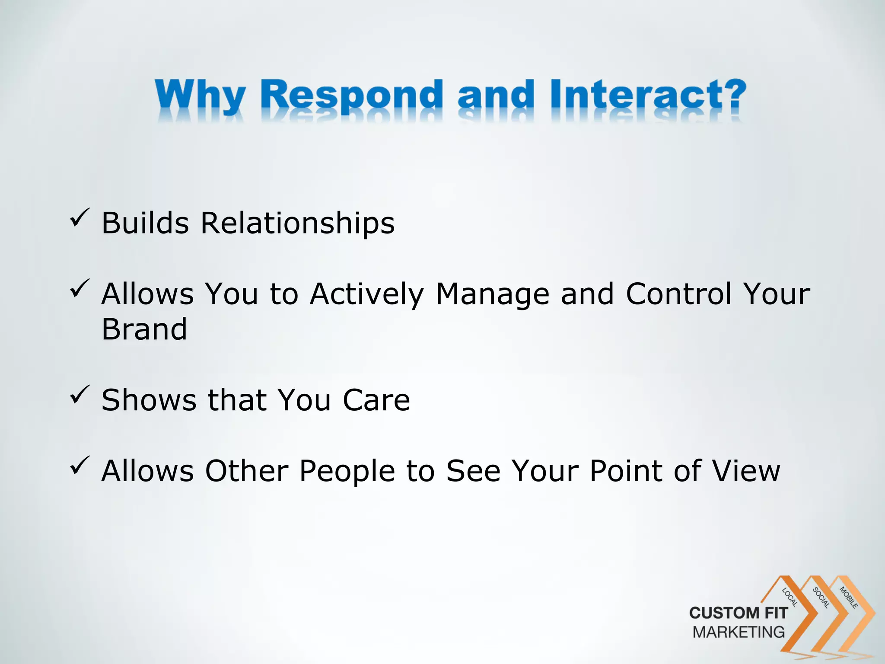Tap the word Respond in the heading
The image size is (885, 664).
click(x=352, y=96)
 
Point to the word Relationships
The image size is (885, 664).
click(x=297, y=223)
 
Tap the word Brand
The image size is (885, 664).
click(x=144, y=329)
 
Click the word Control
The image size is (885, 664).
click(x=679, y=294)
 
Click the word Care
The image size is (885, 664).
click(x=376, y=400)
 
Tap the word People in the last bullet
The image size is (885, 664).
click(x=347, y=471)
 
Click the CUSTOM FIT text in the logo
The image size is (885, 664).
click(x=739, y=613)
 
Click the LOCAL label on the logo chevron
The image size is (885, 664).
click(x=790, y=597)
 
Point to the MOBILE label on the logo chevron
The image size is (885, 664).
click(x=849, y=597)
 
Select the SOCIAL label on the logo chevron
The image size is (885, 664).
click(x=821, y=597)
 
